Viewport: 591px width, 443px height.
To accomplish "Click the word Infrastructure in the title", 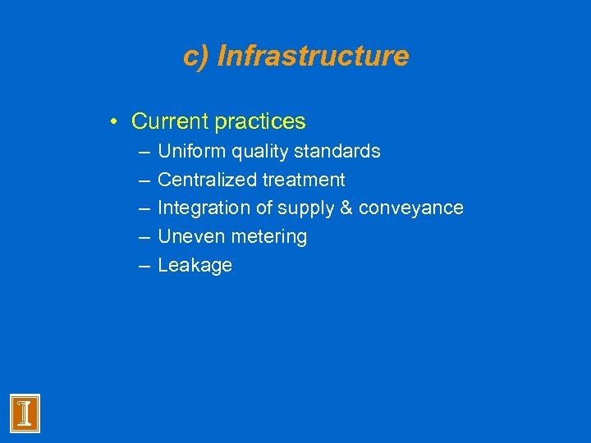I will [313, 57].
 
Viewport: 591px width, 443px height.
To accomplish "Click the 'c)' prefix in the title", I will [197, 57].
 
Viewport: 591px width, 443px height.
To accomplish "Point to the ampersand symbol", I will [345, 208].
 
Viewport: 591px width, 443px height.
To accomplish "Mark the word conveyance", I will [411, 208].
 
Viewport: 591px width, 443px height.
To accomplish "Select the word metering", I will [268, 237].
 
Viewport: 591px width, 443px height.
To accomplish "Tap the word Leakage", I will [195, 266].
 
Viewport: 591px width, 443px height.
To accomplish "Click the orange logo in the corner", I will [25, 413].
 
